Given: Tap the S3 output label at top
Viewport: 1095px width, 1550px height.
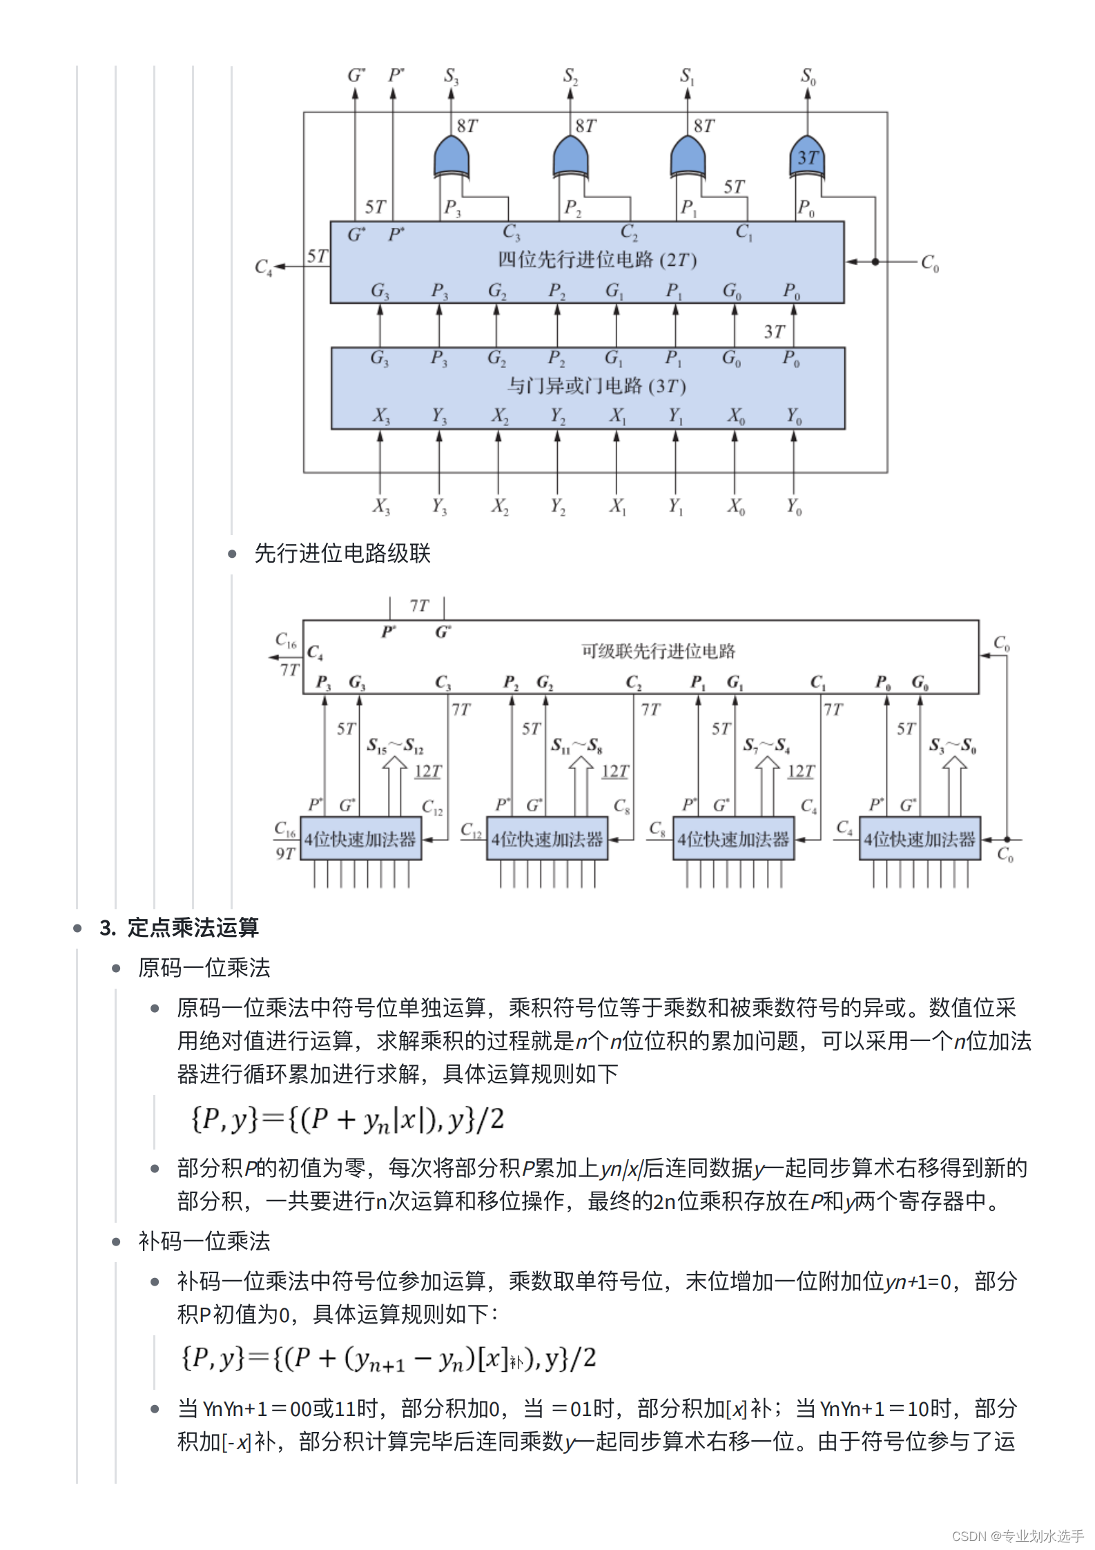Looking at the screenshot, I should point(451,76).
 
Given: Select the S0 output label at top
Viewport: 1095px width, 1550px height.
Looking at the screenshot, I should point(808,76).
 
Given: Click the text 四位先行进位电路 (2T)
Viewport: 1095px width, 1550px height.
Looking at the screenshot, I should point(597,260).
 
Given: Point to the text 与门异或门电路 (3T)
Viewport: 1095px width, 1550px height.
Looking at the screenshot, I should point(597,385).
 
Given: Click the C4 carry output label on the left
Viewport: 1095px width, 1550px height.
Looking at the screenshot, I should point(263,267).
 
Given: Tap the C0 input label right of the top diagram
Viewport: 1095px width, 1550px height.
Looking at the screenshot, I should point(929,263).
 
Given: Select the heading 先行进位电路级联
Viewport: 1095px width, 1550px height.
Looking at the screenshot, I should point(342,553).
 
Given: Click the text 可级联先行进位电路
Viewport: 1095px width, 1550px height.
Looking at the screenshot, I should point(658,651).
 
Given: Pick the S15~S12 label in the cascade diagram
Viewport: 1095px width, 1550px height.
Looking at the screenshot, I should point(395,746).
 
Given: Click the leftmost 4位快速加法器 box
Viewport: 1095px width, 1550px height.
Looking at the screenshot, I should point(360,839).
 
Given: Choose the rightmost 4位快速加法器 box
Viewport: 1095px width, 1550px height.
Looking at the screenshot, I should point(920,839).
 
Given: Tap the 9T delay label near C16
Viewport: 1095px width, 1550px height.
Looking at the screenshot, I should point(285,854).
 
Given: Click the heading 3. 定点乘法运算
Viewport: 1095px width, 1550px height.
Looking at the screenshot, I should point(179,927).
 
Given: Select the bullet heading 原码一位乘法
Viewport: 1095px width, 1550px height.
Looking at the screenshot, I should point(204,967).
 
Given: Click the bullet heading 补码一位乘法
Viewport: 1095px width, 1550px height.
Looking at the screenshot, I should point(204,1241).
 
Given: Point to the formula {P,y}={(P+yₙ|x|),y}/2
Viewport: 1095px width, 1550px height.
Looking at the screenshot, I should point(347,1119).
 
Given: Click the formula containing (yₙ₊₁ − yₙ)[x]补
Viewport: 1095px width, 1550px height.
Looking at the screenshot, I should point(388,1358).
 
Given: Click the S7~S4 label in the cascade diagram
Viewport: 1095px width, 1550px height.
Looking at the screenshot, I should point(766,746).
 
